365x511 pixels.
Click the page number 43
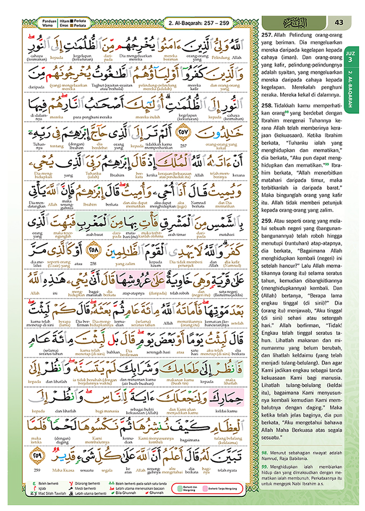339,22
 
